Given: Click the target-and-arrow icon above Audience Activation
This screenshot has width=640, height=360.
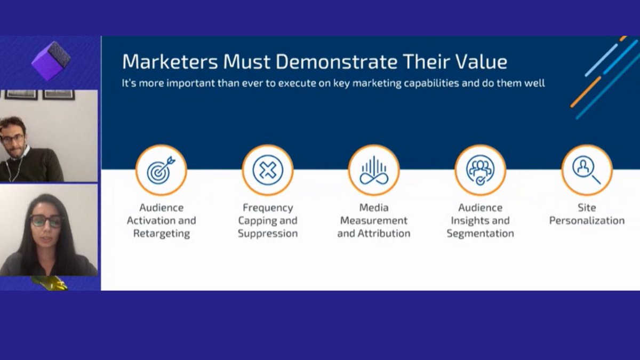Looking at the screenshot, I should tap(161, 170).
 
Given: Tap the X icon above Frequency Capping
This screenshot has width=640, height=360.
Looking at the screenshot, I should tap(267, 170).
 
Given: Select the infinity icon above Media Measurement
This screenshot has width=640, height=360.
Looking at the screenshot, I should tap(373, 170).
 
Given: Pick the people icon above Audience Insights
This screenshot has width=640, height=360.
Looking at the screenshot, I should tap(480, 170).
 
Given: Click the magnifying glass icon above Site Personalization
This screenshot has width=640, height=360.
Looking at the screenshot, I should tap(586, 169).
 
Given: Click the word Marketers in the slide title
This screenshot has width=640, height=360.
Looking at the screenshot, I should tap(170, 62).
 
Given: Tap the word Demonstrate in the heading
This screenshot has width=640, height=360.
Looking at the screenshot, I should tap(337, 62).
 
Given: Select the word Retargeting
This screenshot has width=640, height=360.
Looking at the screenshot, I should tap(161, 234).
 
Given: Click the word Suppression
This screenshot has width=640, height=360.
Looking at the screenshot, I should tap(268, 234).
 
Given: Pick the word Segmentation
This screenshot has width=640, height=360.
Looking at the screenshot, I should tap(481, 234).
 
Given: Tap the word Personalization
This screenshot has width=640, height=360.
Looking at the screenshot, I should tap(587, 221).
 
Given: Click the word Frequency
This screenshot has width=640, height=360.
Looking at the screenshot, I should tap(268, 207).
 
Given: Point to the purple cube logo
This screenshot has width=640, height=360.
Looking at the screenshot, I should tap(51, 60).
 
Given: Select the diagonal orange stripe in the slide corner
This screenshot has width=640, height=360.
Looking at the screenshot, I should tap(585, 92).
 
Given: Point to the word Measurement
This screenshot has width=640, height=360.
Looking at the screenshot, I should tap(374, 221).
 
